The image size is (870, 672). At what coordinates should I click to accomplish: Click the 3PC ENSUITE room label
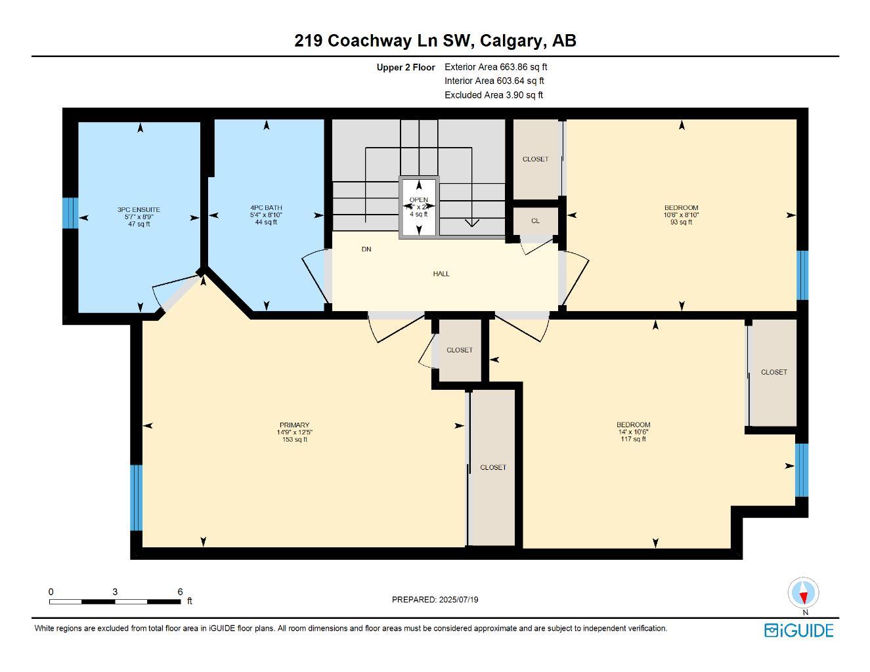tap(139, 210)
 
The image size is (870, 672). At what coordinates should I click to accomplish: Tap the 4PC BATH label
tap(266, 208)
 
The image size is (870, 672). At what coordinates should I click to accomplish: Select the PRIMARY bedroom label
tap(294, 425)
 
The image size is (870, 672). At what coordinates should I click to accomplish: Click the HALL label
tap(441, 274)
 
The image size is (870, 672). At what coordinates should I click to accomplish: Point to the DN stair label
tap(366, 249)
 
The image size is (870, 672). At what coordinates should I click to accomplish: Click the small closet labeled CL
tap(535, 221)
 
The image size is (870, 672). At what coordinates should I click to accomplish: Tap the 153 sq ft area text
tap(294, 440)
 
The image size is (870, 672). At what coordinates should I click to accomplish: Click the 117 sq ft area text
tap(634, 439)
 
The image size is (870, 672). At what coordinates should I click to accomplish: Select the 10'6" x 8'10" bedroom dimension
tap(682, 215)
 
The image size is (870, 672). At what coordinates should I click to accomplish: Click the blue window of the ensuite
tap(70, 213)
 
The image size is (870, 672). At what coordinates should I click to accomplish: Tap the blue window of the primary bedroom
tap(136, 497)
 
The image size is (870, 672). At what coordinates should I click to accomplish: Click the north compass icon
tap(804, 593)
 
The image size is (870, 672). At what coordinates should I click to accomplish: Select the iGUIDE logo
tap(799, 631)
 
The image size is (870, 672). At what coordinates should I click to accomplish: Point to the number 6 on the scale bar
tap(180, 592)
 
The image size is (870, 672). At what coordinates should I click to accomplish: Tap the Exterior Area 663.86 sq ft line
tap(496, 67)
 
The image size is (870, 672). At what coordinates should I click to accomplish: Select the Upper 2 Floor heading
tap(406, 68)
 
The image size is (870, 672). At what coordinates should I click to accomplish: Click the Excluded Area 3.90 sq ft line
tap(494, 95)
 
